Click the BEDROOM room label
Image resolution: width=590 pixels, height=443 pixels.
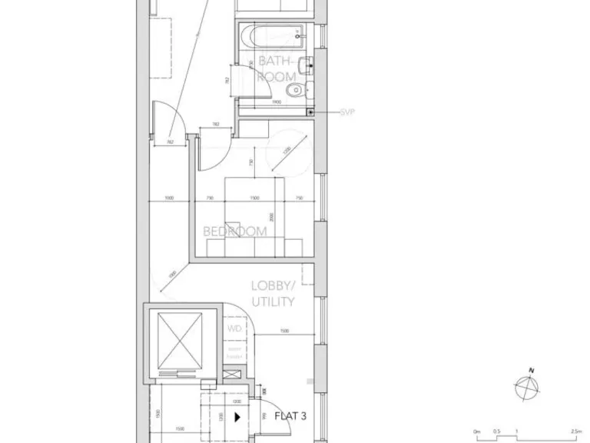[x=235, y=231]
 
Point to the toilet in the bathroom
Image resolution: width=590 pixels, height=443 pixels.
[x=293, y=92]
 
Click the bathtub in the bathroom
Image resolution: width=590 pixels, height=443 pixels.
[x=271, y=35]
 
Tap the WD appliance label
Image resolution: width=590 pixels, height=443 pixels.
[x=234, y=329]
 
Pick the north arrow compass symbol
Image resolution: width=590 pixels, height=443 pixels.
[x=527, y=385]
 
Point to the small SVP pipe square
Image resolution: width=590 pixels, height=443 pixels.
[x=310, y=112]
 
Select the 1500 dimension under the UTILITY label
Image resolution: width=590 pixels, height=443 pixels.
[x=284, y=331]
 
